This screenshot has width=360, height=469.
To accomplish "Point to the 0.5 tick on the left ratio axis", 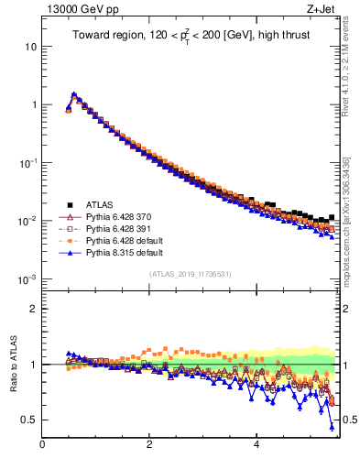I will coord(27,420).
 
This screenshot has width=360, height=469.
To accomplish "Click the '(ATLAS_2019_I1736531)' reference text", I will coord(190,275).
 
